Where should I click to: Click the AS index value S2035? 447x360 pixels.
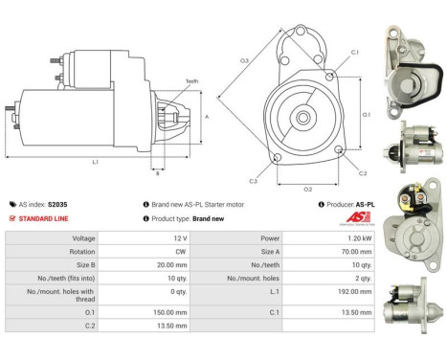tap(56, 204)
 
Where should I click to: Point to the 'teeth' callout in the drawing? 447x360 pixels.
tap(192, 81)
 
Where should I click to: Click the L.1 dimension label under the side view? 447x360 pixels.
tap(95, 162)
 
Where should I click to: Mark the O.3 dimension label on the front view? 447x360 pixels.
tap(244, 61)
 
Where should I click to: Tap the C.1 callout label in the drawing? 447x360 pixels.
tap(354, 52)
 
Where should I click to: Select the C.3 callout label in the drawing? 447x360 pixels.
tap(254, 180)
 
